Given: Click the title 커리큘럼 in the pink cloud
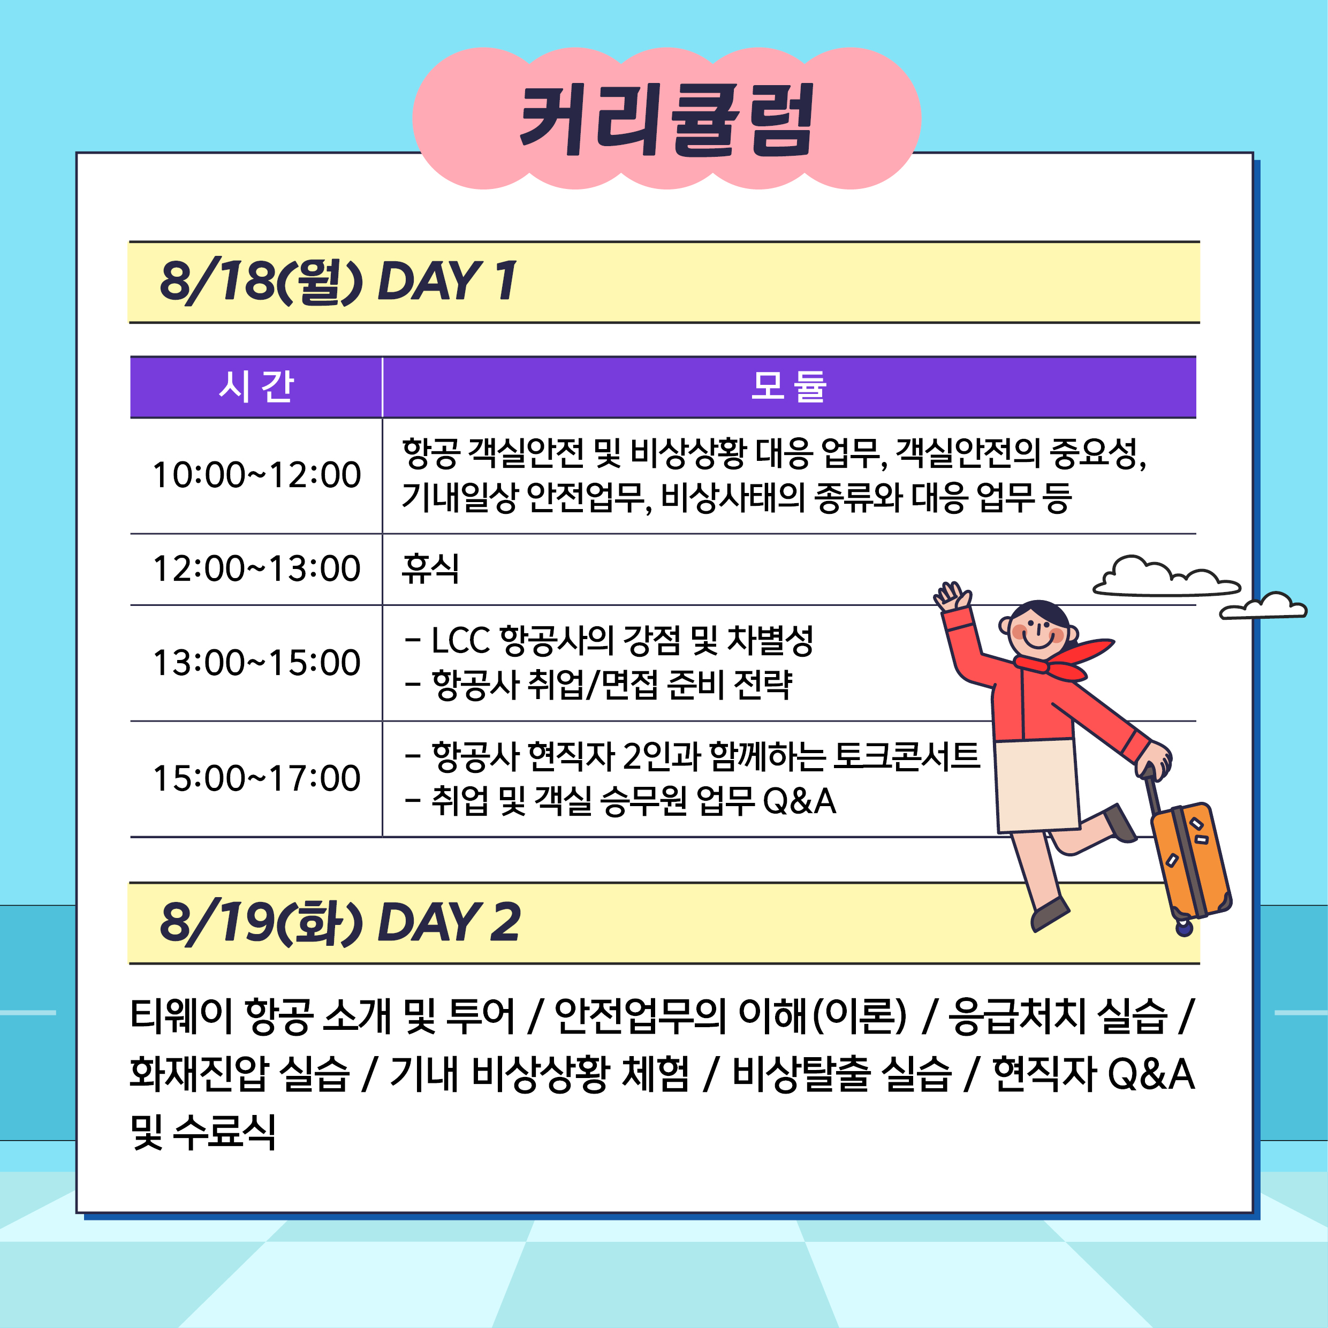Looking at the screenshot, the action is (667, 119).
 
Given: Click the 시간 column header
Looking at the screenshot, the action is (256, 386).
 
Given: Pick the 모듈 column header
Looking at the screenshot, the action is (788, 386).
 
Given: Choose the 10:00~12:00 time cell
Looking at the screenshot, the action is (256, 475).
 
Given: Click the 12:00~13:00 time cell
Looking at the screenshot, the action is (256, 568).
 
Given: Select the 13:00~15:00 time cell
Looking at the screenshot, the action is (256, 663).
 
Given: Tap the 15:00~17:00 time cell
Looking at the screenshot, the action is (256, 778).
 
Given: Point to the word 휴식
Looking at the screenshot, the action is (430, 568).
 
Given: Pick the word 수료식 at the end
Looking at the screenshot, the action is (224, 1132).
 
